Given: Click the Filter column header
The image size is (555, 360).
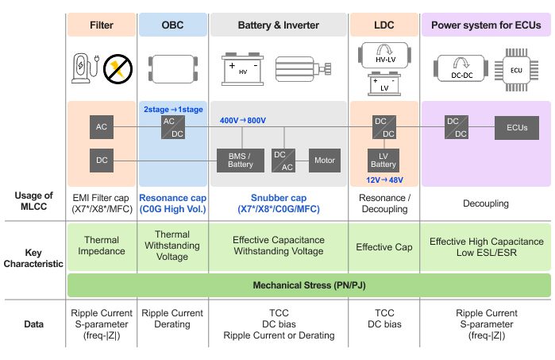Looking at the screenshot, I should (102, 25).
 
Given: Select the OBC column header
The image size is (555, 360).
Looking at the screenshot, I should (172, 25).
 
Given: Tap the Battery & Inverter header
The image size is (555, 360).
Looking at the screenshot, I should (278, 25).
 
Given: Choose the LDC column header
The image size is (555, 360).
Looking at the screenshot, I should (383, 25).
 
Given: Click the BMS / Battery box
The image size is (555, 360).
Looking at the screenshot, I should (241, 161).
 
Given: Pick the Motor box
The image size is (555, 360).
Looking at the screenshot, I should (324, 161).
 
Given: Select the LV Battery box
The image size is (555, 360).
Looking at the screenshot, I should (383, 161).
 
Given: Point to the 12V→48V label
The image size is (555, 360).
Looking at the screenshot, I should (384, 180).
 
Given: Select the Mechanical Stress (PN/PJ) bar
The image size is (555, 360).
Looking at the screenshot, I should (308, 284).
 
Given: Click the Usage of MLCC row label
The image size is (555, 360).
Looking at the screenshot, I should (34, 202).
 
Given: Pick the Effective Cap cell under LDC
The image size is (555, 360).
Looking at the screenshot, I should (384, 246).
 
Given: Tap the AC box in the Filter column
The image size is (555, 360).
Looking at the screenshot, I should (102, 127).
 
